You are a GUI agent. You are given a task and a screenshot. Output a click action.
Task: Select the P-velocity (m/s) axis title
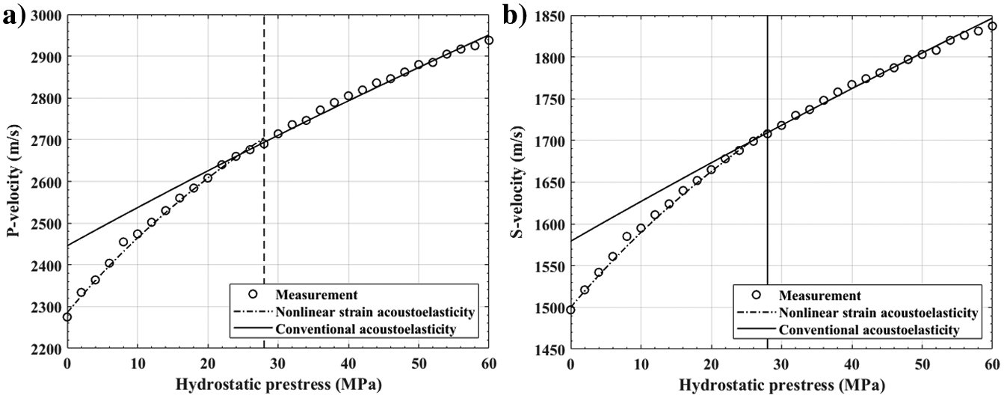[x=11, y=182]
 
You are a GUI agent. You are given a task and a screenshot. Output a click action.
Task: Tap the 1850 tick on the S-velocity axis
[x=551, y=15]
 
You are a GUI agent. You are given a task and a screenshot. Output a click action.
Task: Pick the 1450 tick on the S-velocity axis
[x=551, y=349]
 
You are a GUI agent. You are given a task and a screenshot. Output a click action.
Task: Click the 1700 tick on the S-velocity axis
[x=551, y=140]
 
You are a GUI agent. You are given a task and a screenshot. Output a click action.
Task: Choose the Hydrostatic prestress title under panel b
[x=781, y=385]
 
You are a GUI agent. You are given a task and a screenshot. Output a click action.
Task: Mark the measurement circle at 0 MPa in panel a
[x=67, y=317]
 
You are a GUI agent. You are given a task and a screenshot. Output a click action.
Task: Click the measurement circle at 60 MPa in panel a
[x=489, y=40]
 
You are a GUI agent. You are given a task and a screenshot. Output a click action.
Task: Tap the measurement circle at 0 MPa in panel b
[x=570, y=310]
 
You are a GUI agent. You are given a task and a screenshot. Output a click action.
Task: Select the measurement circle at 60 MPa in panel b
[x=992, y=26]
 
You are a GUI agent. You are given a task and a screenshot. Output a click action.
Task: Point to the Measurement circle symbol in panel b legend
[x=755, y=296]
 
